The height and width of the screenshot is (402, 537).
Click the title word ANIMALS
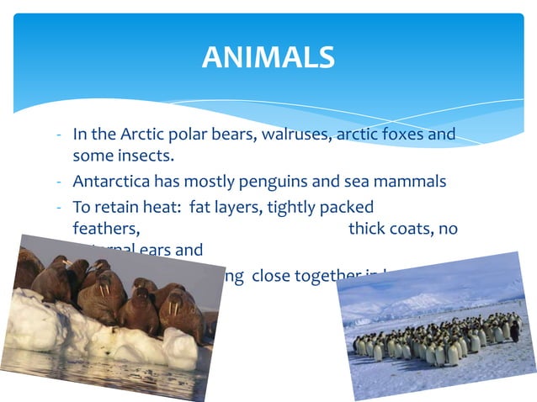point(268,57)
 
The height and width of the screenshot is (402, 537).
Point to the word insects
point(143,156)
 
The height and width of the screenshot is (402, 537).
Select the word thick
point(367,229)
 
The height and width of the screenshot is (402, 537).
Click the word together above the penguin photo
point(328,276)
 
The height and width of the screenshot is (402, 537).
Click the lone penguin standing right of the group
point(514,331)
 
